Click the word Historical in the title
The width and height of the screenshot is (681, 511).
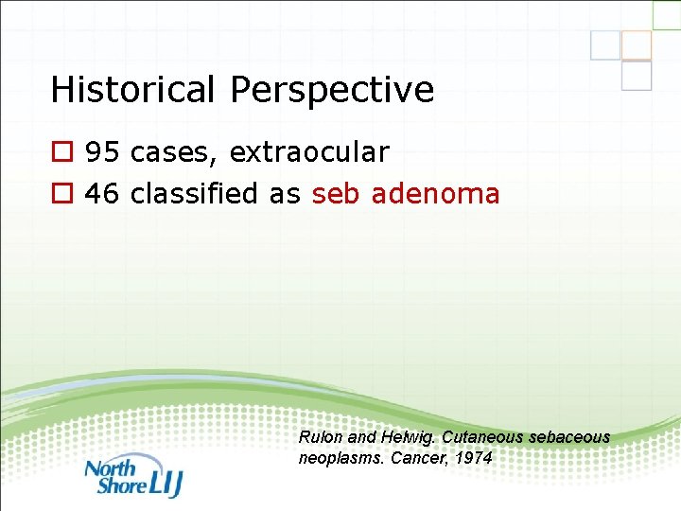pos(134,90)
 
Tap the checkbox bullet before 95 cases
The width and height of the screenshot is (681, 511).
pos(62,152)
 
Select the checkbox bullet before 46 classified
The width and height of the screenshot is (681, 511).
pos(62,195)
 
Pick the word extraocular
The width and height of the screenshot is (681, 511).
pos(309,151)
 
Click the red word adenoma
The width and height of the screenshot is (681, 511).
pos(436,194)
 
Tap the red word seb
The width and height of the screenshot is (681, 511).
pos(336,194)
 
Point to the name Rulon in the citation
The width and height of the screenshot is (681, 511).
pos(318,437)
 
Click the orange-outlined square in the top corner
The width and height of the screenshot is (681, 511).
pos(637,45)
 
